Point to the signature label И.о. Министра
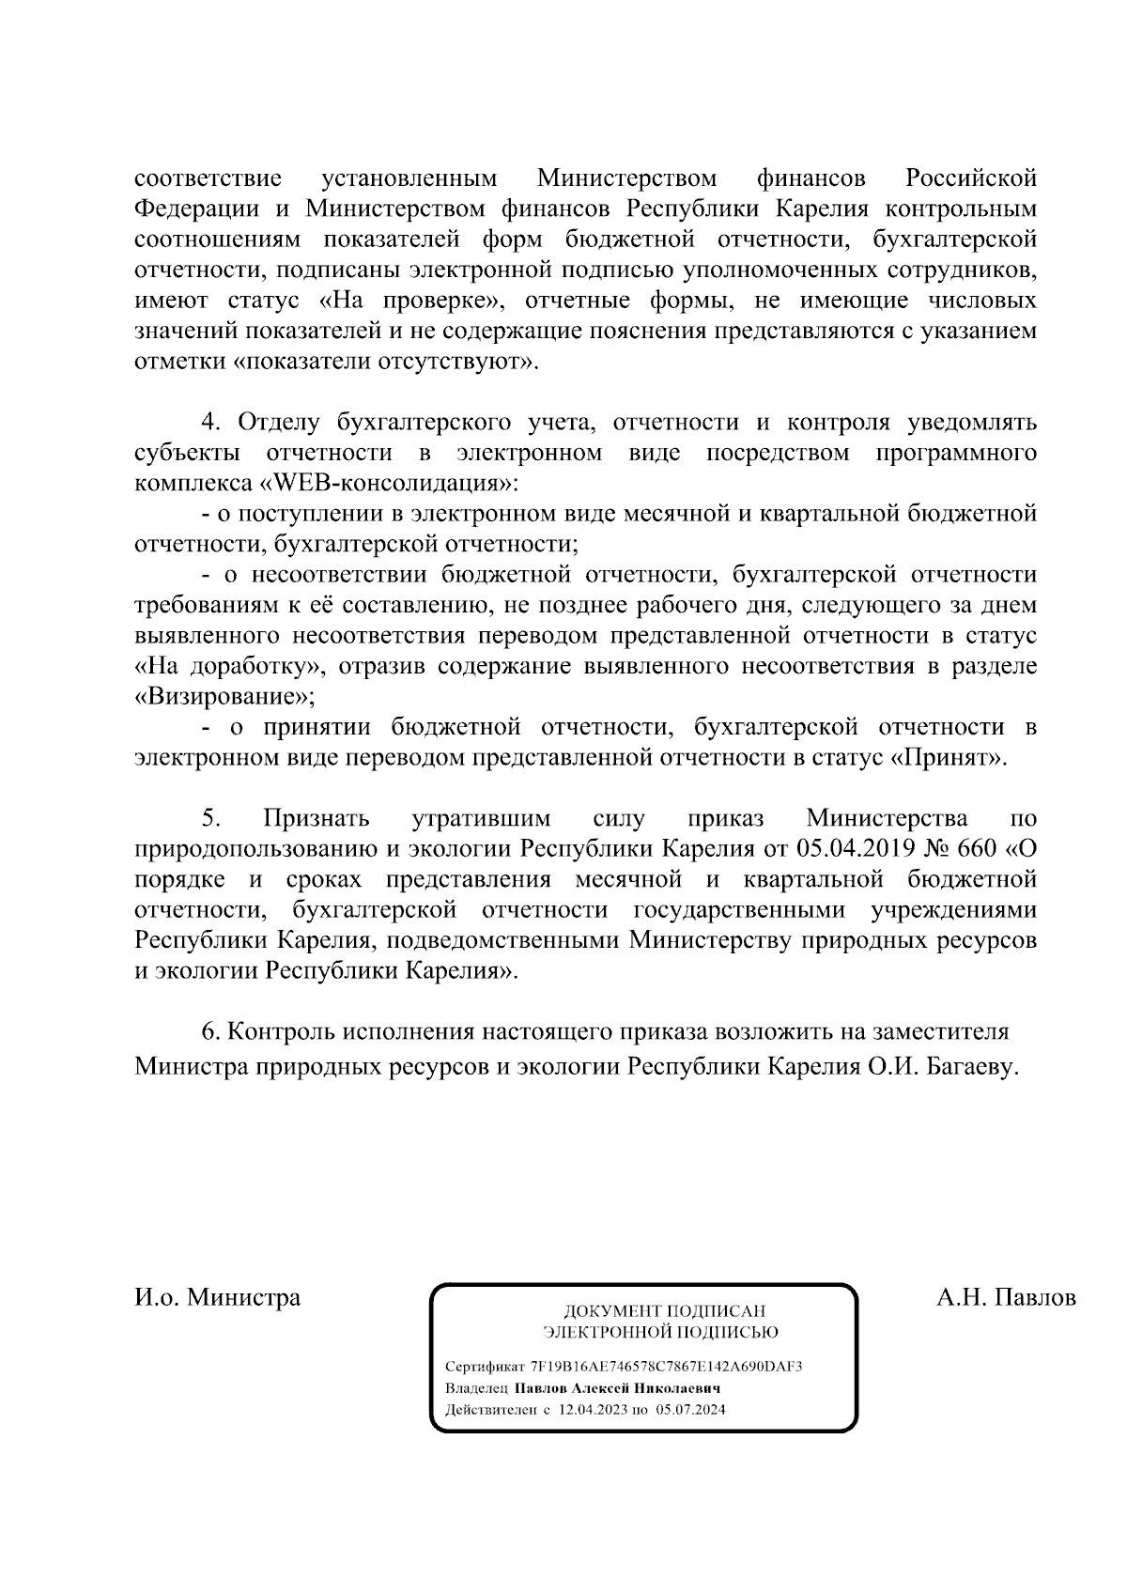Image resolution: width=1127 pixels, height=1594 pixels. pyautogui.click(x=218, y=1298)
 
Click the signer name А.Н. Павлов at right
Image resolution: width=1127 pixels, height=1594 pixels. pyautogui.click(x=1006, y=1298)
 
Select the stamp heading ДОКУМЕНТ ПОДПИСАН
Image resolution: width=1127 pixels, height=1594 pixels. pyautogui.click(x=663, y=1311)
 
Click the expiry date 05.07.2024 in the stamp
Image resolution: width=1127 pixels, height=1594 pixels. pyautogui.click(x=691, y=1410)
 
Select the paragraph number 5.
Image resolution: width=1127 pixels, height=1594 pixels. pyautogui.click(x=211, y=819)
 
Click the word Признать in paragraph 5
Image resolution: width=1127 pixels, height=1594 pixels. pyautogui.click(x=316, y=819)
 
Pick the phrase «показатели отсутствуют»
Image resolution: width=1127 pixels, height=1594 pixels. pyautogui.click(x=384, y=362)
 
